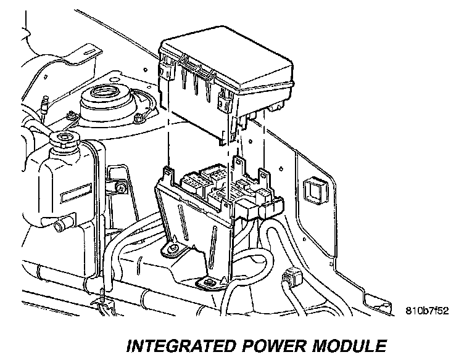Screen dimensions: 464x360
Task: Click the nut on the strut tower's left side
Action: tap(72, 115)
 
